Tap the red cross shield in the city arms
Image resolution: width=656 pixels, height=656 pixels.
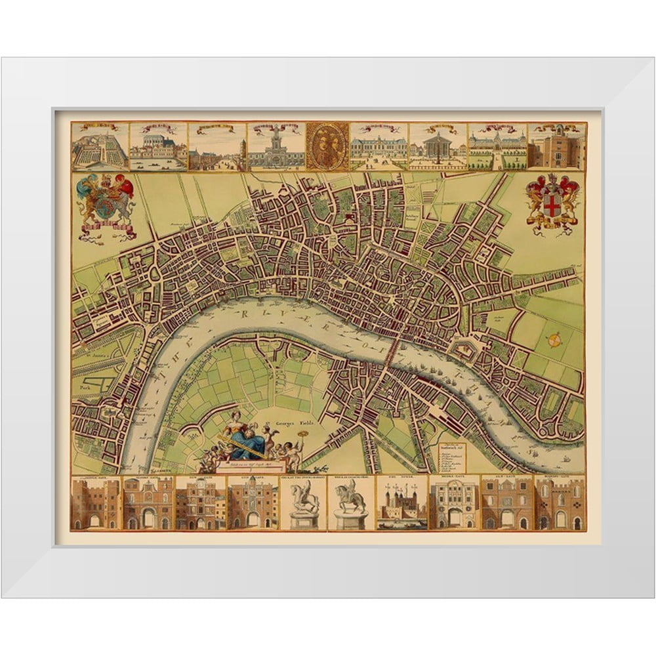(552, 205)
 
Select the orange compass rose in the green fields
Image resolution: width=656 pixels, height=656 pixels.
(555, 339)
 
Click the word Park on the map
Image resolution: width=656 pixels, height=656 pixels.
(83, 388)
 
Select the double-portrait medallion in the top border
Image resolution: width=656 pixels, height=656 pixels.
(327, 146)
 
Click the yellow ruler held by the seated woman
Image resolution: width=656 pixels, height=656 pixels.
(246, 449)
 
